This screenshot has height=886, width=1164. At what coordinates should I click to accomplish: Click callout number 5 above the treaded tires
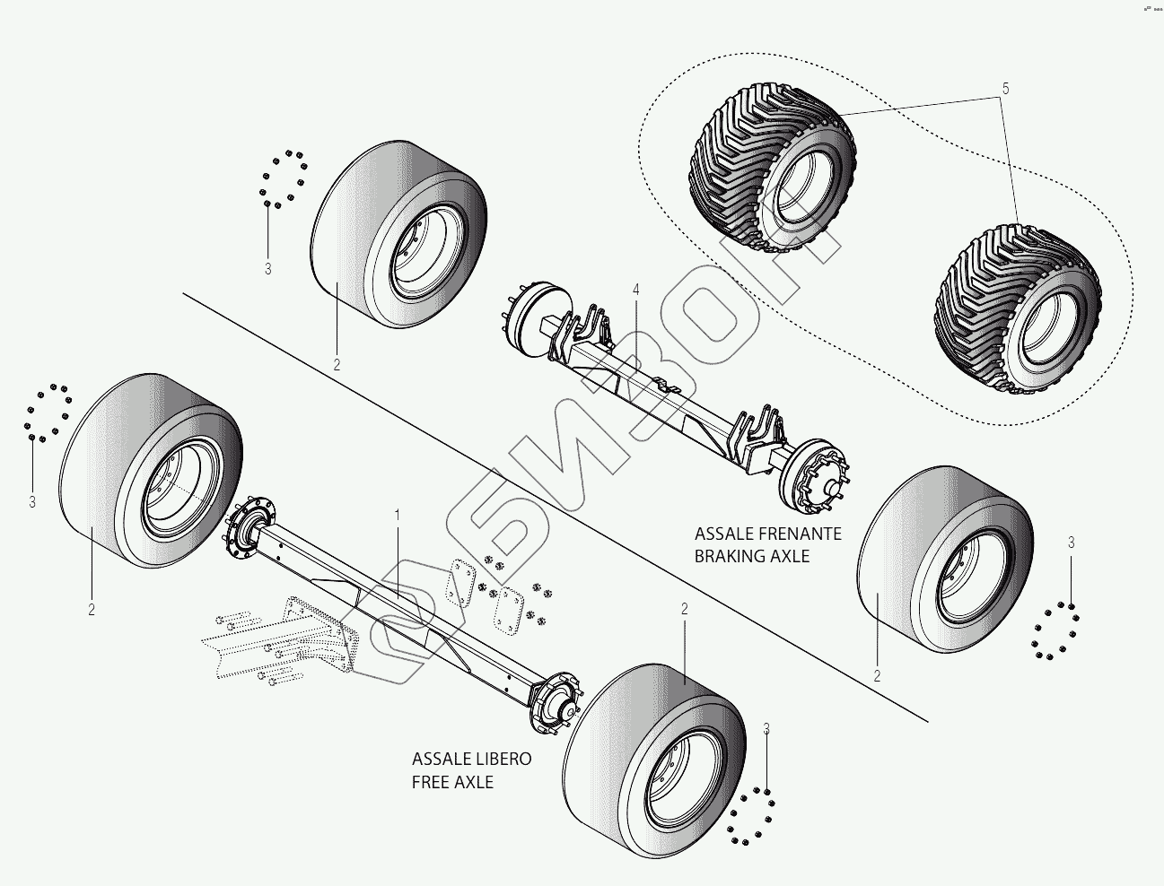click(1005, 89)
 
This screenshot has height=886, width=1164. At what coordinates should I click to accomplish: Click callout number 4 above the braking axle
click(635, 290)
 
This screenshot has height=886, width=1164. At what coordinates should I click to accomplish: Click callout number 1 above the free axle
click(397, 515)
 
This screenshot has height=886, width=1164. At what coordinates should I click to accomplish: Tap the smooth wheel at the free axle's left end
click(153, 473)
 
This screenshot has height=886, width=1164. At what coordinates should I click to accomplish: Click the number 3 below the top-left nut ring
click(267, 268)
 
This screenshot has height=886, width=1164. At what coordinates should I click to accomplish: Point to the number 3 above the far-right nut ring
click(1071, 543)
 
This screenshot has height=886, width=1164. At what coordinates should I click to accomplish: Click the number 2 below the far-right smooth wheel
click(877, 676)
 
